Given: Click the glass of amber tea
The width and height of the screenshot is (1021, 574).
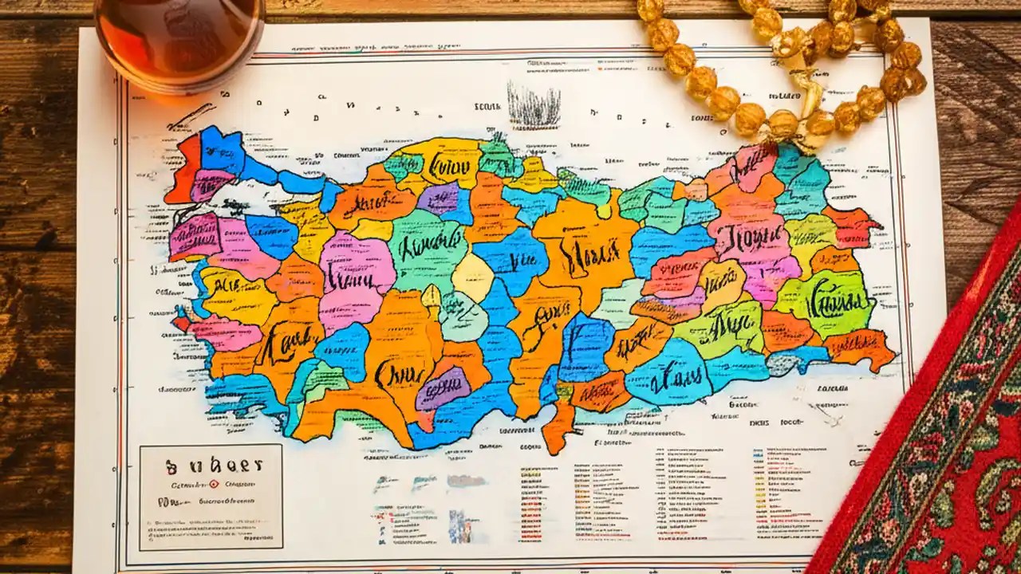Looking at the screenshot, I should [179, 40].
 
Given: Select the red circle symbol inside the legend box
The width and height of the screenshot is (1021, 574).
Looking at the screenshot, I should [213, 484].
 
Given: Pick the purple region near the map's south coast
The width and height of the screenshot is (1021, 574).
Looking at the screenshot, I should [443, 388].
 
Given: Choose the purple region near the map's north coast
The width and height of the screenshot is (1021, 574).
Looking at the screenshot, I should [440, 199].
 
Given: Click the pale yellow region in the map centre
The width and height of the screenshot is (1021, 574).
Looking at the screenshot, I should [473, 277].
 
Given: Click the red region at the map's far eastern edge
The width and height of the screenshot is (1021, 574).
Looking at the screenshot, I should [852, 227].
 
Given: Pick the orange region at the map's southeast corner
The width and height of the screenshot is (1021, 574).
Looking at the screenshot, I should [861, 349].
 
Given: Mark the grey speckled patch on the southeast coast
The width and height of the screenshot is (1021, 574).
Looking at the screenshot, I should [785, 364].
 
